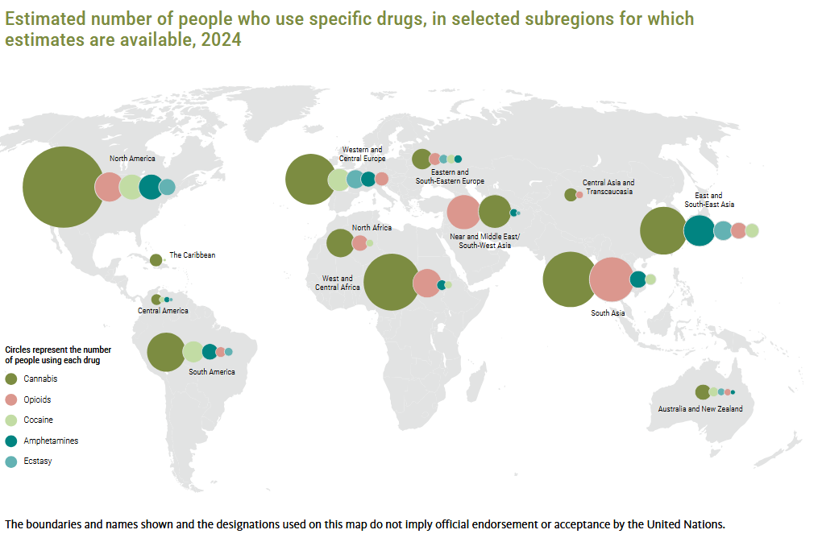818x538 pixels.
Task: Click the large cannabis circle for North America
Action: (x=63, y=187)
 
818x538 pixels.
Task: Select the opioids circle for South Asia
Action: (x=612, y=279)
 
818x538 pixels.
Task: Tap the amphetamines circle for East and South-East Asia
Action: (x=699, y=230)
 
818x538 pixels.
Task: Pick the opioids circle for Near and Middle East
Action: (x=463, y=212)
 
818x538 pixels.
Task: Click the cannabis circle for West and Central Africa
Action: (x=391, y=282)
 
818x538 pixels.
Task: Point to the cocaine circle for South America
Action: (x=193, y=352)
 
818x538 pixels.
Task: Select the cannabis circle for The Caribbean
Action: (x=156, y=259)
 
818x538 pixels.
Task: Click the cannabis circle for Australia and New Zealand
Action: (x=703, y=392)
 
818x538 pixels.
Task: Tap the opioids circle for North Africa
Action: (x=359, y=243)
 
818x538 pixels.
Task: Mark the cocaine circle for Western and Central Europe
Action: (x=338, y=180)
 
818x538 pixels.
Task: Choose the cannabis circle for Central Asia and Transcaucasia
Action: (x=571, y=195)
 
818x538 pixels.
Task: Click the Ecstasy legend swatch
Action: (x=11, y=461)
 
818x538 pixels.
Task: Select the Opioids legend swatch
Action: (x=11, y=399)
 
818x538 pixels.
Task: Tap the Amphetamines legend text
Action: (x=51, y=441)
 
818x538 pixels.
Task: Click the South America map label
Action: (x=212, y=372)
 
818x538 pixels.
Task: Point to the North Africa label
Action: (x=372, y=228)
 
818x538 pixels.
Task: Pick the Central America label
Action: (x=163, y=311)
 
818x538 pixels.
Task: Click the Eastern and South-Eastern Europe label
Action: (x=450, y=176)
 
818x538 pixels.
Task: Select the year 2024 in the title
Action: (x=221, y=39)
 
